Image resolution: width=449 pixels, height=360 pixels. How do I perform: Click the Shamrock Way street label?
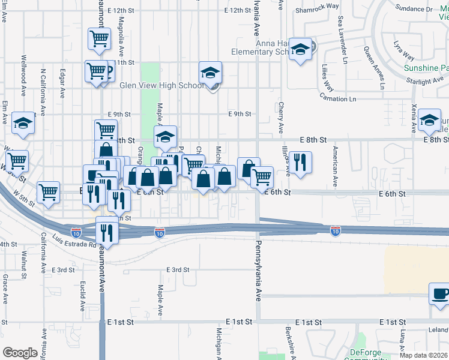coord(317,7)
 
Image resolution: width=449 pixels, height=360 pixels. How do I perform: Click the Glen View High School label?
coord(162,85)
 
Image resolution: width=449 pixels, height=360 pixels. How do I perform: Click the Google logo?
coord(20,353)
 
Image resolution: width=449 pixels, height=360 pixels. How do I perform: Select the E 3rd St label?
coord(62,270)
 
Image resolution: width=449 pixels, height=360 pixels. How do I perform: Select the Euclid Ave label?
coord(82,294)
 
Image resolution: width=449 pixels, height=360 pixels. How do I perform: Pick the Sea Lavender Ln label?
coord(342,40)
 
